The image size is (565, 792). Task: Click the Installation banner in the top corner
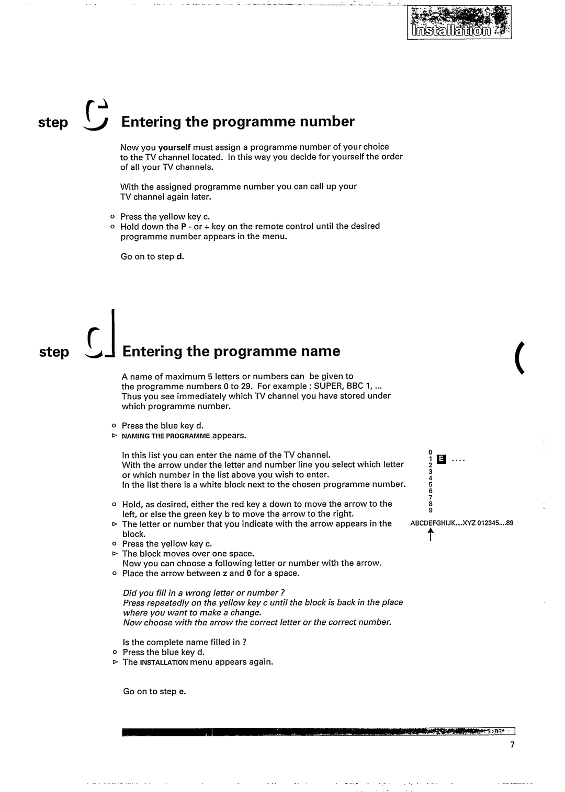point(459,24)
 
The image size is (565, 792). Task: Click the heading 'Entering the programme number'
point(238,122)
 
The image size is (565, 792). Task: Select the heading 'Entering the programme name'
point(231,351)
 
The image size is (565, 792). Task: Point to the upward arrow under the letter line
point(430,534)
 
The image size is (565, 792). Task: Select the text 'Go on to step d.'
point(152,257)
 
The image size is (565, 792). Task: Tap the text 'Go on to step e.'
point(154,691)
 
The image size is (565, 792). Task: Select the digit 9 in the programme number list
point(430,510)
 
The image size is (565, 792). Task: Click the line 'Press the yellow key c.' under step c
point(165,216)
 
